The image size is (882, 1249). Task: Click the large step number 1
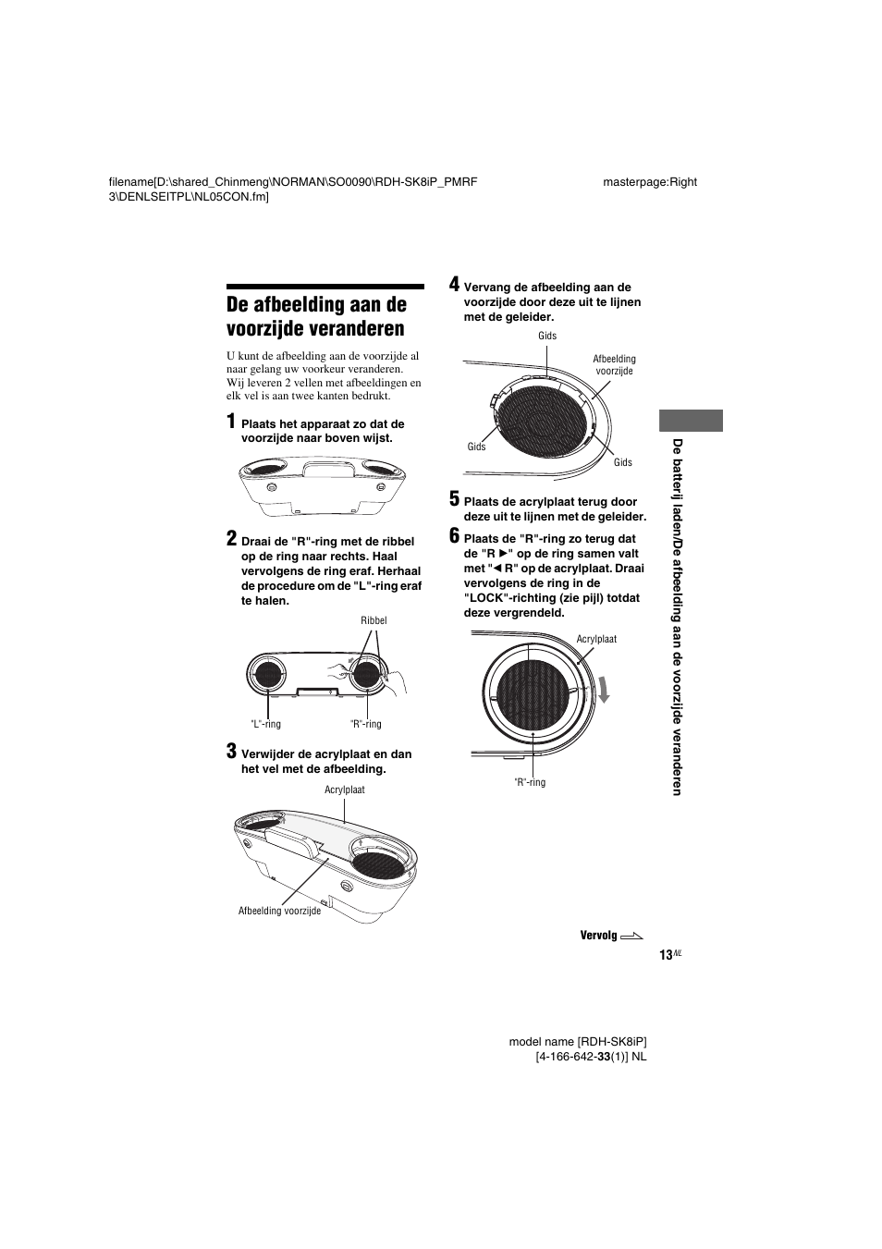232,422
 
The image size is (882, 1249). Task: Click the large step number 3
232,751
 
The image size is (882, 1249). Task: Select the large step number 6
454,535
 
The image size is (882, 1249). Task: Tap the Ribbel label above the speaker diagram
374,620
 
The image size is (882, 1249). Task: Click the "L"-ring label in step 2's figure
266,724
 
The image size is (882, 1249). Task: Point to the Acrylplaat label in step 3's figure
345,790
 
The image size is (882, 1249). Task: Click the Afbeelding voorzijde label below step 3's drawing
279,911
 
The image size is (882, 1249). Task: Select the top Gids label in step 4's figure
547,336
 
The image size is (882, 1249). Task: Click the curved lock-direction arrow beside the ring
603,689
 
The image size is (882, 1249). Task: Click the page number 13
666,955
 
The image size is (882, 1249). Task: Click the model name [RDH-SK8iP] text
578,1042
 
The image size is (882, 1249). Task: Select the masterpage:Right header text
650,181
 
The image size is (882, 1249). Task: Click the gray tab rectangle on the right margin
692,420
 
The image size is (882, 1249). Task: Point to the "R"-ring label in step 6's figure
530,782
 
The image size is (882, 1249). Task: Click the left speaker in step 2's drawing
267,675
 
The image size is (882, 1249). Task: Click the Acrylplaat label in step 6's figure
596,639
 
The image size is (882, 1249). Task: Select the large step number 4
454,284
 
